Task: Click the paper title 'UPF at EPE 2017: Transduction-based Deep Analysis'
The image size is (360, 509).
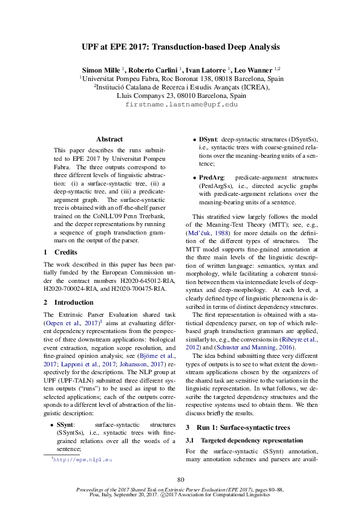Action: pos(180,47)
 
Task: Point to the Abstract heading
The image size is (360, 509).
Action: pos(110,139)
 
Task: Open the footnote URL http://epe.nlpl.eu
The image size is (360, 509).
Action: pos(82,460)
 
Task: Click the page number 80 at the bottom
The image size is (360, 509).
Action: pos(180,480)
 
